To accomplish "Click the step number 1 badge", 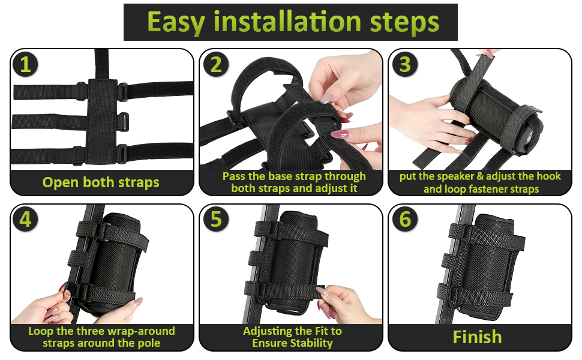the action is tap(25, 64).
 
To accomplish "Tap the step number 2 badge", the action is tap(216, 64).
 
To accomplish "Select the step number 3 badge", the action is tap(405, 64).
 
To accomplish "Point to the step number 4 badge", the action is tap(25, 219).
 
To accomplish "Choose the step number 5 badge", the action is tap(216, 219).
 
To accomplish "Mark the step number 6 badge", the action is tap(405, 219).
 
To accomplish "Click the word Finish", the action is tap(478, 337).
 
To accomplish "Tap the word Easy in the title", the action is tap(176, 22).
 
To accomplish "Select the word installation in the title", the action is tap(287, 21).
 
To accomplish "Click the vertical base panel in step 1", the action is tap(101, 121).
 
